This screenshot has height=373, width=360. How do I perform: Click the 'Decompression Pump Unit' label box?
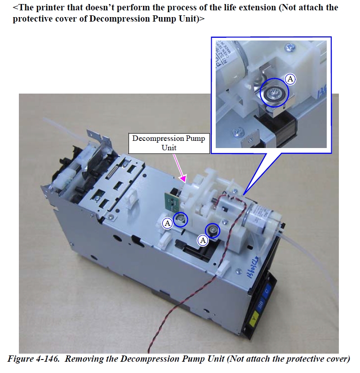(169, 143)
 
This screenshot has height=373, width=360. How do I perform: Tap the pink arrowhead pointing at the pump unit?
(183, 179)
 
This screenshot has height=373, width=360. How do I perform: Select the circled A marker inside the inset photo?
(290, 79)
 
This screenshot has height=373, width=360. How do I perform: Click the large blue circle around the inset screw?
(274, 92)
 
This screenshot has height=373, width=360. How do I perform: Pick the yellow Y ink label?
(254, 318)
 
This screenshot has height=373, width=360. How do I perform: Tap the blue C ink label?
(267, 291)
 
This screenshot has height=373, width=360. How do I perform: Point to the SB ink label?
(260, 305)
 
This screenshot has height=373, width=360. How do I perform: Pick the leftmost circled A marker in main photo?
(168, 223)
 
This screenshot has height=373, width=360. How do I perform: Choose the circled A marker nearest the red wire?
(203, 241)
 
